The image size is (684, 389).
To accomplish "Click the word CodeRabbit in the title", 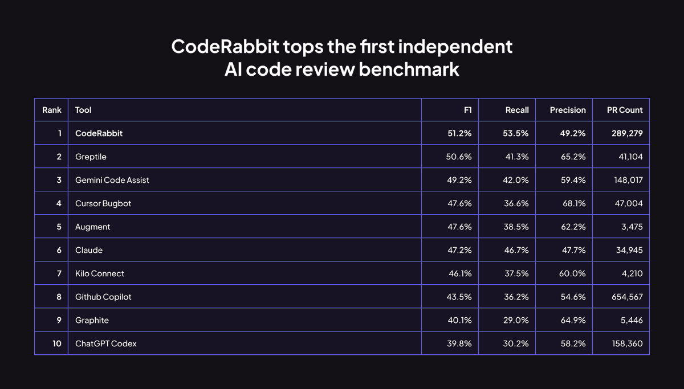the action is coord(225,46).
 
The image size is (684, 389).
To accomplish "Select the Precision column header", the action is coord(568,110).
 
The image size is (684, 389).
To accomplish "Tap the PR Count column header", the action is coord(625,110).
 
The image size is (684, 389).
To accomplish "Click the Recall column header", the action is coord(517,110).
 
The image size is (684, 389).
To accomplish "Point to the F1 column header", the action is coord(468,110).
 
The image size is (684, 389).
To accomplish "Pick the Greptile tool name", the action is coord(91,157).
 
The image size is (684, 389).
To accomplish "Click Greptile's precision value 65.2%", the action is coord(573,157).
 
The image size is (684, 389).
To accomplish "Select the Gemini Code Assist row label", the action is coord(112,180).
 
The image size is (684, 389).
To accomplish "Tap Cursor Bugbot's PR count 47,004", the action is coord(629,203).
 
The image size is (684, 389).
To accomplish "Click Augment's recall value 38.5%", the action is coord(516,227).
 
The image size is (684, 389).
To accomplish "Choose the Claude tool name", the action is coord(89,250).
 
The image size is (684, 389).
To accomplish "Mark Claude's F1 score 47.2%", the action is coord(459,250).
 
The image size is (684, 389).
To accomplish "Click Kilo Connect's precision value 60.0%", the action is coord(572,273).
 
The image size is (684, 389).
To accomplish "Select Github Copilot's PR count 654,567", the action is coord(627,297).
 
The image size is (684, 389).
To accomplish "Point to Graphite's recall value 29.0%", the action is coord(516,320).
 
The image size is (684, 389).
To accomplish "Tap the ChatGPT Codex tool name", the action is coord(105,343).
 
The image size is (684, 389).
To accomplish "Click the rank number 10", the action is coord(57,343).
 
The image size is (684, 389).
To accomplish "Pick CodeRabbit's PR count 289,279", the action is coord(627,133).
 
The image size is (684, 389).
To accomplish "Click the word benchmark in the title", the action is coord(409,69).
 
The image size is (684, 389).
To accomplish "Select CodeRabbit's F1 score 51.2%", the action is coord(459,133).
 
